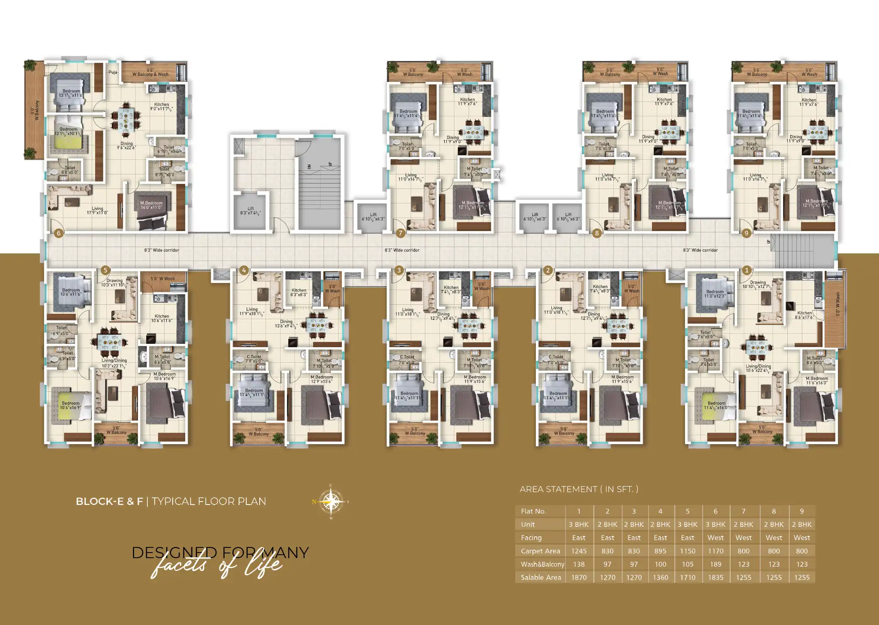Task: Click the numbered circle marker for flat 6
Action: [59, 233]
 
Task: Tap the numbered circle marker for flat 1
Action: [747, 270]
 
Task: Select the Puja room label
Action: [113, 72]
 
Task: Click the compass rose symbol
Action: [330, 501]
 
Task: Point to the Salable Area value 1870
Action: [579, 577]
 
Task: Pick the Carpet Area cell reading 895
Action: [660, 551]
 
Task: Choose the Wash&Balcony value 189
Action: [715, 564]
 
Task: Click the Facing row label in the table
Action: [531, 538]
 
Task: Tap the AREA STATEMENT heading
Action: [579, 489]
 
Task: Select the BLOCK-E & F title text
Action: [109, 501]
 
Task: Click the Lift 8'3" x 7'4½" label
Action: [251, 210]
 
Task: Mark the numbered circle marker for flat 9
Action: [747, 233]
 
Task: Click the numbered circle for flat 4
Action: [244, 270]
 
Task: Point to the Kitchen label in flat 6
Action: [161, 106]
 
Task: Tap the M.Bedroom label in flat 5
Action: [164, 376]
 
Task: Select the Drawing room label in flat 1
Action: [758, 284]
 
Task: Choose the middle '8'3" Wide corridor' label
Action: [402, 250]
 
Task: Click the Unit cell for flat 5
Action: [687, 524]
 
